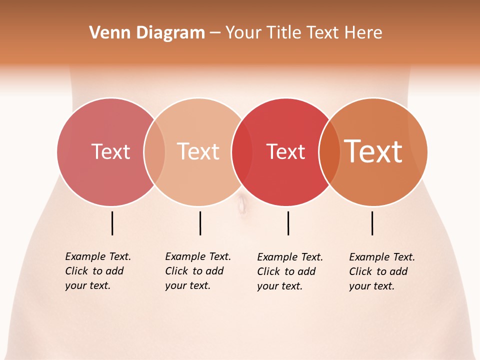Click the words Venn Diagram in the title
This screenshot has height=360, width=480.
pyautogui.click(x=147, y=33)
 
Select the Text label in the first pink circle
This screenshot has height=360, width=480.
pyautogui.click(x=110, y=151)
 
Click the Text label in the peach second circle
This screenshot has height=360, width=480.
pyautogui.click(x=198, y=151)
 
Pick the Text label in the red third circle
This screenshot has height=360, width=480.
pyautogui.click(x=285, y=151)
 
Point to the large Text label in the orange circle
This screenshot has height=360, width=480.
pyautogui.click(x=373, y=151)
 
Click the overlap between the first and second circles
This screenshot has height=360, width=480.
pyautogui.click(x=154, y=151)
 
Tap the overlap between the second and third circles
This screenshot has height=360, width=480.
pyautogui.click(x=242, y=151)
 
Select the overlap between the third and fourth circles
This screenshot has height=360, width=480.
pyautogui.click(x=329, y=151)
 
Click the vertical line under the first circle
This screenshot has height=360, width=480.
pyautogui.click(x=112, y=223)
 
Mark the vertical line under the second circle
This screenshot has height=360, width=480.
pyautogui.click(x=200, y=223)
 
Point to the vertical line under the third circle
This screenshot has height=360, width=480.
pyautogui.click(x=288, y=223)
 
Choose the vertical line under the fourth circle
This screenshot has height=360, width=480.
pyautogui.click(x=372, y=223)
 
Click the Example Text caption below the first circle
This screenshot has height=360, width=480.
pyautogui.click(x=98, y=271)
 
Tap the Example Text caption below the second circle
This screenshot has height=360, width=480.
pyautogui.click(x=198, y=271)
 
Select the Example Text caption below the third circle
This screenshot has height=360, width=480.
pyautogui.click(x=290, y=271)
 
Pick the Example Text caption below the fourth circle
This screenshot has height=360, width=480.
pyautogui.click(x=382, y=271)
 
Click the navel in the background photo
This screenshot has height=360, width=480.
pyautogui.click(x=242, y=204)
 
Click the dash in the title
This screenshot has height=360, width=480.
pyautogui.click(x=215, y=33)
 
